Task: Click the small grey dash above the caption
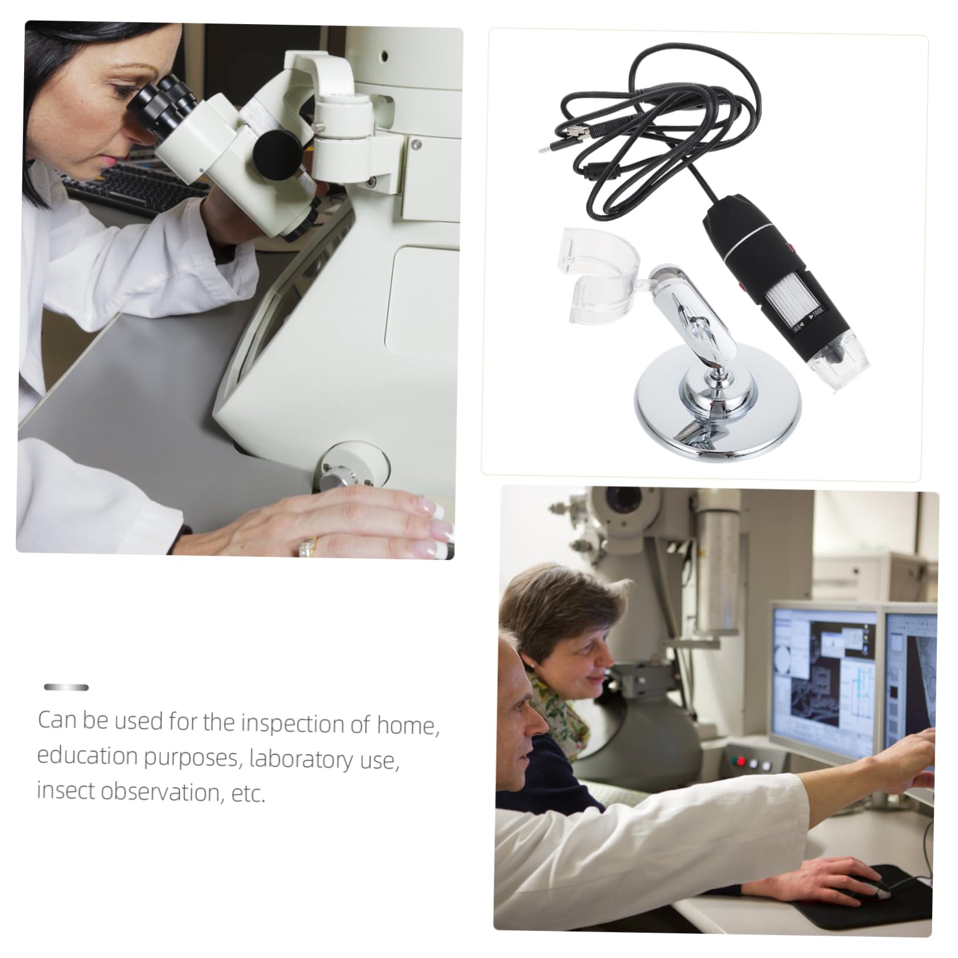coord(66,687)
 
